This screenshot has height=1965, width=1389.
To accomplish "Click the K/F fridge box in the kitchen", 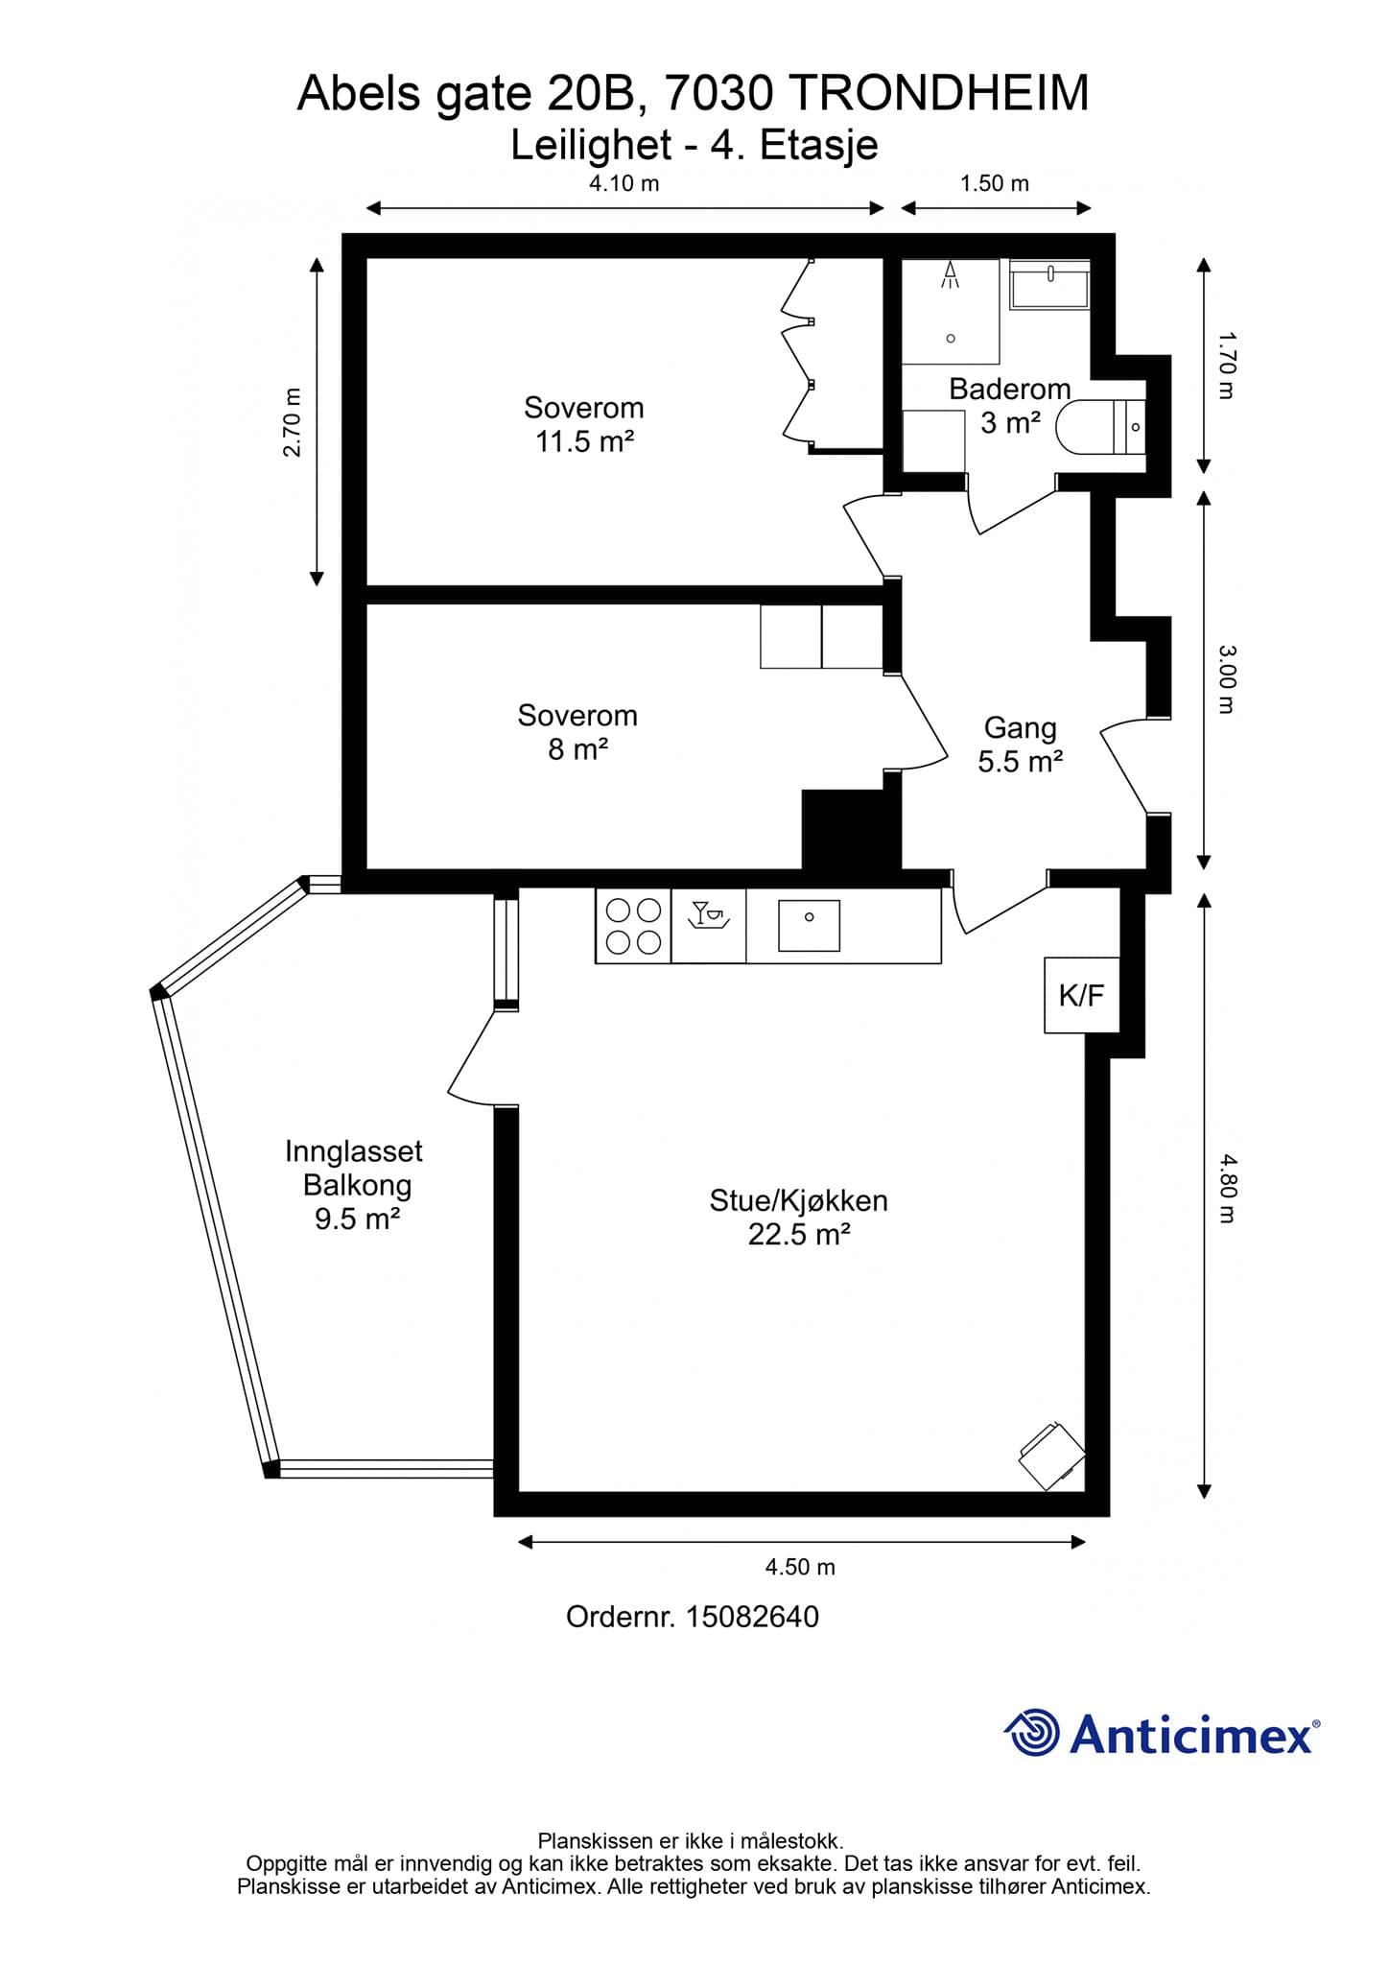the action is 1081,995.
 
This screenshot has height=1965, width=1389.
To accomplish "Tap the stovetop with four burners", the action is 633,926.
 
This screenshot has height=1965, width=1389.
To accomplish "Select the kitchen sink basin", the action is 809,925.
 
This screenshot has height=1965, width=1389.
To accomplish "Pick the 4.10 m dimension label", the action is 624,183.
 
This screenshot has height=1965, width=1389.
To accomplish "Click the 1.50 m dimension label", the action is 995,183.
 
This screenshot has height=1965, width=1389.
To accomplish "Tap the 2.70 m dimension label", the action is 293,422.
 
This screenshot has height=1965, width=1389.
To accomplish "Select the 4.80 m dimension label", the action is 1228,1188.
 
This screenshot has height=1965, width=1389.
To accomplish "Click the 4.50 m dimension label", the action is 800,1567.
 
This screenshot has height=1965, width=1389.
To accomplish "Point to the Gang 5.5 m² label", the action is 1020,745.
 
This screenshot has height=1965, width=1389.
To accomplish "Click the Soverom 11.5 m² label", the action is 584,424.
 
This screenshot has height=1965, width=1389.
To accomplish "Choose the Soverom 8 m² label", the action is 577,732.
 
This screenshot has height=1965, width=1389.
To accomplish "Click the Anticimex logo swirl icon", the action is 1032,1734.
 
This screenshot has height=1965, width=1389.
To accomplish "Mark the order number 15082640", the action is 753,1617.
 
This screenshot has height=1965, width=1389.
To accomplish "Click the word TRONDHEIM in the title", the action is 942,94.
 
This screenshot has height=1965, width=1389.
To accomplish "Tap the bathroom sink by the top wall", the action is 1049,284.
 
